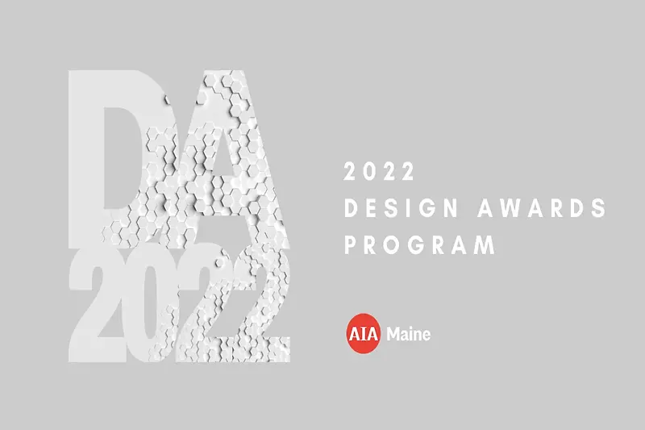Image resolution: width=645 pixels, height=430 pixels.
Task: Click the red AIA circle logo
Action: click(364, 333)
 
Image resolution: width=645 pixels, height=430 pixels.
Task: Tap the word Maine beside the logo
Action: click(409, 334)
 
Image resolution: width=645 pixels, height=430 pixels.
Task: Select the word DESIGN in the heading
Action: click(401, 208)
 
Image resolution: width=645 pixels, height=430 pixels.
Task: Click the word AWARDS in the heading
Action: click(542, 208)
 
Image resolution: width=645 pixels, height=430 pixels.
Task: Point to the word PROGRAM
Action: click(420, 244)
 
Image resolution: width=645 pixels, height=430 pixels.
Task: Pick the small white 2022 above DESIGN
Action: click(379, 172)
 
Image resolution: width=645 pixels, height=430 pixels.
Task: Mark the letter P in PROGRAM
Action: click(351, 244)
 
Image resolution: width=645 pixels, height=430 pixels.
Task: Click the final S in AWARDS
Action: click(599, 208)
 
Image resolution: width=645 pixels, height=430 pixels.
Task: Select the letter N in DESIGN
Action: click(451, 208)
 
